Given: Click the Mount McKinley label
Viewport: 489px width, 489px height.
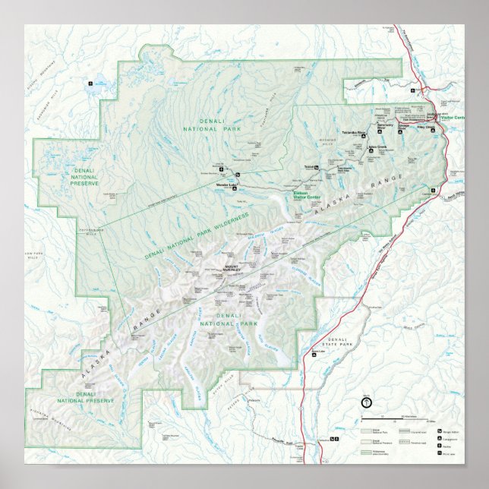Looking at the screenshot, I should (x=232, y=269).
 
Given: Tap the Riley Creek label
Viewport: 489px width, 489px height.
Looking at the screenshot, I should (x=426, y=127).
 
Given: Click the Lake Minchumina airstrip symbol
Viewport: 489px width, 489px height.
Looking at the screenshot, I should (x=91, y=84).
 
